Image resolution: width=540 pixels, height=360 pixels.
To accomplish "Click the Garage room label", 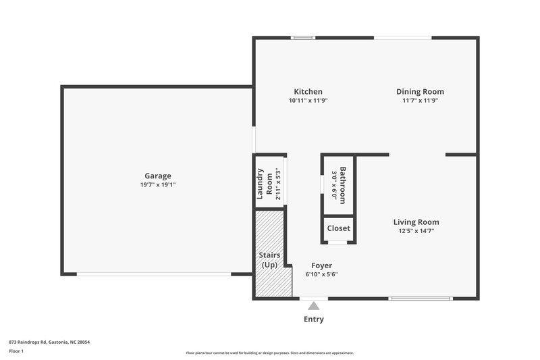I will pyautogui.click(x=157, y=176).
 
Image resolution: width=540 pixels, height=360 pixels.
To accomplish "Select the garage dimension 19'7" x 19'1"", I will pyautogui.click(x=157, y=184).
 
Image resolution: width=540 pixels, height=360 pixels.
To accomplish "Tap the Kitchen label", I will pyautogui.click(x=308, y=92).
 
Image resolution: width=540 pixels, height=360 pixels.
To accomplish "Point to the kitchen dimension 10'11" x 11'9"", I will pyautogui.click(x=308, y=101).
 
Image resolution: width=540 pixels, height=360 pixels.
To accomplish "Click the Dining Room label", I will pyautogui.click(x=420, y=92).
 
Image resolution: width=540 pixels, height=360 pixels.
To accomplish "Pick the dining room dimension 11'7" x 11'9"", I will pyautogui.click(x=420, y=101).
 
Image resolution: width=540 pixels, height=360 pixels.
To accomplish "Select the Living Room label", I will pyautogui.click(x=416, y=222).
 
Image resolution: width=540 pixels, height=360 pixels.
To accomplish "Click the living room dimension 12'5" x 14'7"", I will pyautogui.click(x=416, y=230).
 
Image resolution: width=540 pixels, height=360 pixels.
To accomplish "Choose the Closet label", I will pyautogui.click(x=338, y=228).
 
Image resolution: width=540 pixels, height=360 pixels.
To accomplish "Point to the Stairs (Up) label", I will pyautogui.click(x=270, y=260).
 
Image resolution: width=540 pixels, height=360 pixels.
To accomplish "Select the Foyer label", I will pyautogui.click(x=321, y=265).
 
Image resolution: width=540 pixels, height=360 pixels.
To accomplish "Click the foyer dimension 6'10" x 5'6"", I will pyautogui.click(x=321, y=274).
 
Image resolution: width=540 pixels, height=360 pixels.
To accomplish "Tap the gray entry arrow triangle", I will pyautogui.click(x=314, y=306).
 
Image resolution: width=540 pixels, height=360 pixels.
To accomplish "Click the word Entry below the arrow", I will pyautogui.click(x=314, y=319).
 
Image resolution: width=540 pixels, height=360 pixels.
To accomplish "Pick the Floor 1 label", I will pyautogui.click(x=17, y=351).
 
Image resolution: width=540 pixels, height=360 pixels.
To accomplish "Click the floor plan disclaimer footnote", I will pyautogui.click(x=270, y=353).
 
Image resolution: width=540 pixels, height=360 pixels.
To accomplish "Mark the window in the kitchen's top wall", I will pyautogui.click(x=303, y=38).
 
